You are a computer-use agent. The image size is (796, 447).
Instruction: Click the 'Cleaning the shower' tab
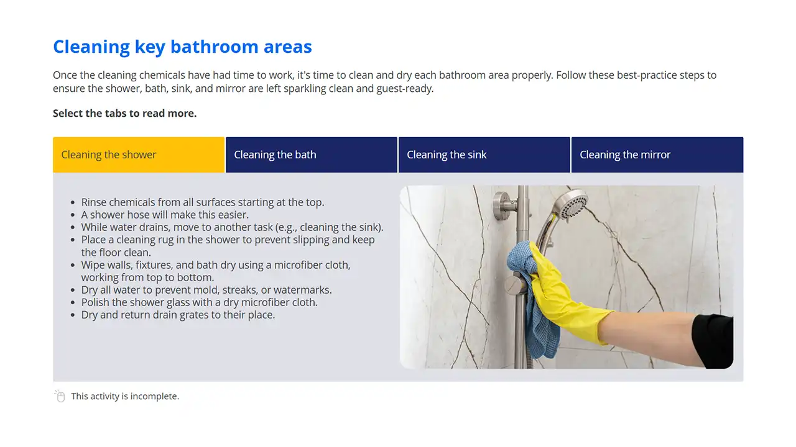(138, 155)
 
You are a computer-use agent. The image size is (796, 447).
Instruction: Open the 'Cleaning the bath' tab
(311, 155)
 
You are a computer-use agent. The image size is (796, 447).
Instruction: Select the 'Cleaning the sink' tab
(484, 155)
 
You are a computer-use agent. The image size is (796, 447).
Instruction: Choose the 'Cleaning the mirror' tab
(657, 155)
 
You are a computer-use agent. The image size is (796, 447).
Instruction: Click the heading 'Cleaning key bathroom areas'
(182, 47)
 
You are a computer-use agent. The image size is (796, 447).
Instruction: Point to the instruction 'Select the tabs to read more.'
(124, 113)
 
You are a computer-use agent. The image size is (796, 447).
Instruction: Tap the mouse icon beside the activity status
(60, 396)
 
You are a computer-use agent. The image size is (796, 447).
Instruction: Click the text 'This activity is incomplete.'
(125, 396)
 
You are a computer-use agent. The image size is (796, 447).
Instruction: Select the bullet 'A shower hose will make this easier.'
(165, 215)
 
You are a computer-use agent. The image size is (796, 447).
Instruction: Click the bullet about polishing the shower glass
(199, 302)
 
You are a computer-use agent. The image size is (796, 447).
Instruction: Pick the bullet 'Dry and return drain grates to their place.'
(178, 315)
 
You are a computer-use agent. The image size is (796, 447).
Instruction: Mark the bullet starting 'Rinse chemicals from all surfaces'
(203, 202)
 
